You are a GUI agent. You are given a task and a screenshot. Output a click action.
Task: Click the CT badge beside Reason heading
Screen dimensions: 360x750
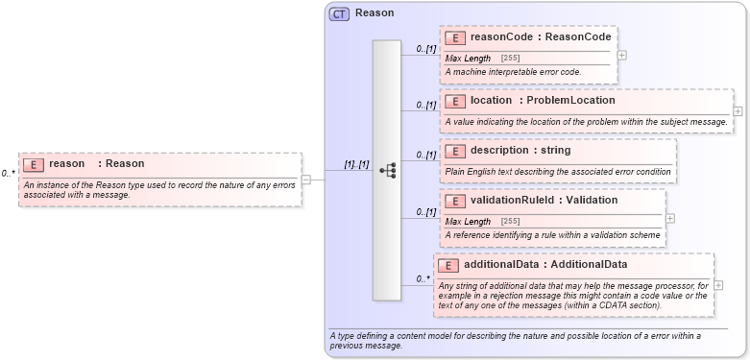(x=339, y=14)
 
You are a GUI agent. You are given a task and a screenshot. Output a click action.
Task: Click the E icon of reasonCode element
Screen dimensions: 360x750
(x=455, y=37)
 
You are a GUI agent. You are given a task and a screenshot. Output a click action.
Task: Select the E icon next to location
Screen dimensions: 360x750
(x=455, y=101)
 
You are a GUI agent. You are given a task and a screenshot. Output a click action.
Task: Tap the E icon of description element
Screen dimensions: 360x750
(x=455, y=151)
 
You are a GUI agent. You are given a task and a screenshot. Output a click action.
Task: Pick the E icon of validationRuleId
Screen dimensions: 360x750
(x=455, y=201)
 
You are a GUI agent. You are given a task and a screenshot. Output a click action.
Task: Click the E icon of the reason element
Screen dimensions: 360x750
(x=34, y=164)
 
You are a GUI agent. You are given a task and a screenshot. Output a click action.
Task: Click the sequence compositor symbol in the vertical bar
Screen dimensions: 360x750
(x=387, y=170)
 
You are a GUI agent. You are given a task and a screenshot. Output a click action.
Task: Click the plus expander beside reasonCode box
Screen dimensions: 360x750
(x=622, y=55)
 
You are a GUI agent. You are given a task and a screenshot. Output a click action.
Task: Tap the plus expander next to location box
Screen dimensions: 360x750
(x=738, y=111)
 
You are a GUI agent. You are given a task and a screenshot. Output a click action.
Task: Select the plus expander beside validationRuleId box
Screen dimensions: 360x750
(x=669, y=218)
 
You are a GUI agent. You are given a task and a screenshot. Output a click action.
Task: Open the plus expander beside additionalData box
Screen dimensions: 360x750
(x=719, y=285)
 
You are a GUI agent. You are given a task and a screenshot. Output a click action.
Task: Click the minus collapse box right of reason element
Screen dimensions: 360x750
(x=305, y=179)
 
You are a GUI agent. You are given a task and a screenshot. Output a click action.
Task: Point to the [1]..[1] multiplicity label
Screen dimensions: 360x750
(x=357, y=165)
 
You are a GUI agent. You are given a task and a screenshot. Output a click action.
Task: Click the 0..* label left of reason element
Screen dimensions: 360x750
(x=8, y=174)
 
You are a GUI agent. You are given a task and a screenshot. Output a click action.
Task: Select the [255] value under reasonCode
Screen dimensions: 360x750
(x=510, y=59)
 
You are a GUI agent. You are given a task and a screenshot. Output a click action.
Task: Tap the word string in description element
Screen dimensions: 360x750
(x=551, y=150)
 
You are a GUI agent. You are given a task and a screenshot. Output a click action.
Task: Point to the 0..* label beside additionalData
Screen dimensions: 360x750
(x=423, y=279)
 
